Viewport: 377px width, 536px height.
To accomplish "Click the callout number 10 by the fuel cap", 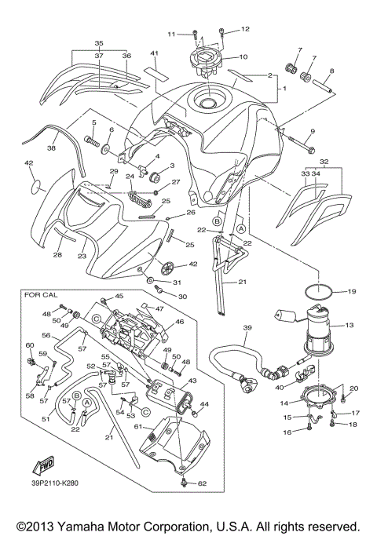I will point(243,57).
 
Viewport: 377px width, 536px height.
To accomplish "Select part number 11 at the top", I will point(170,34).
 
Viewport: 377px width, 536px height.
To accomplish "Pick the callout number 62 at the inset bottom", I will point(201,484).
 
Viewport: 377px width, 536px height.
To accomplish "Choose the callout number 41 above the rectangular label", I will point(155,53).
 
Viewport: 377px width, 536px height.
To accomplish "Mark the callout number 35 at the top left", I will point(99,43).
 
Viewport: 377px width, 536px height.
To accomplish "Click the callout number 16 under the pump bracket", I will point(287,432).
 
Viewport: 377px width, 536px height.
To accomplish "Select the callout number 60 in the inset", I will point(30,345).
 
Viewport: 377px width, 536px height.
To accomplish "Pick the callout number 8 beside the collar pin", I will point(331,71).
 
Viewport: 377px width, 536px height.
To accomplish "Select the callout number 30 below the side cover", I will point(182,297).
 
